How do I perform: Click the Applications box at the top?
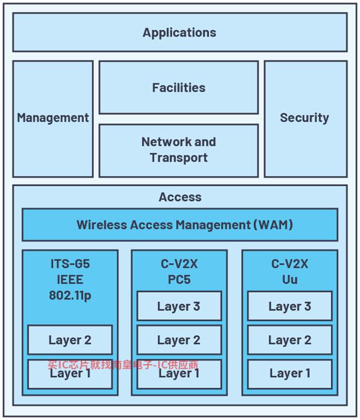point(180,32)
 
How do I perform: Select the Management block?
point(53,119)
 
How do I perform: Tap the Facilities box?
point(179,87)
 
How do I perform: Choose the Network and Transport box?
point(179,150)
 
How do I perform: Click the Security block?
point(306,119)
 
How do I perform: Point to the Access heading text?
point(180,197)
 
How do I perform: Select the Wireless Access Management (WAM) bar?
point(180,225)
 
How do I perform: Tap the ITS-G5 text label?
point(70,264)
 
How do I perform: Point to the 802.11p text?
point(70,296)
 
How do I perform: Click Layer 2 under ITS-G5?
point(70,340)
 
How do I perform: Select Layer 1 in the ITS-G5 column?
point(70,374)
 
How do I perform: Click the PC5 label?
point(179,280)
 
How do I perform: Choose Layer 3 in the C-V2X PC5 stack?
point(179,306)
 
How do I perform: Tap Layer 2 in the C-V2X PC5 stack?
point(179,340)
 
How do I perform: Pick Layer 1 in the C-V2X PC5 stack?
point(179,374)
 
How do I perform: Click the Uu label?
point(290,280)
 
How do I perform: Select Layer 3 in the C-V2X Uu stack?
point(290,306)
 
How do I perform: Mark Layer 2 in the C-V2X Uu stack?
point(290,340)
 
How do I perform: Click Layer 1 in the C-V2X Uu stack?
point(290,374)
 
